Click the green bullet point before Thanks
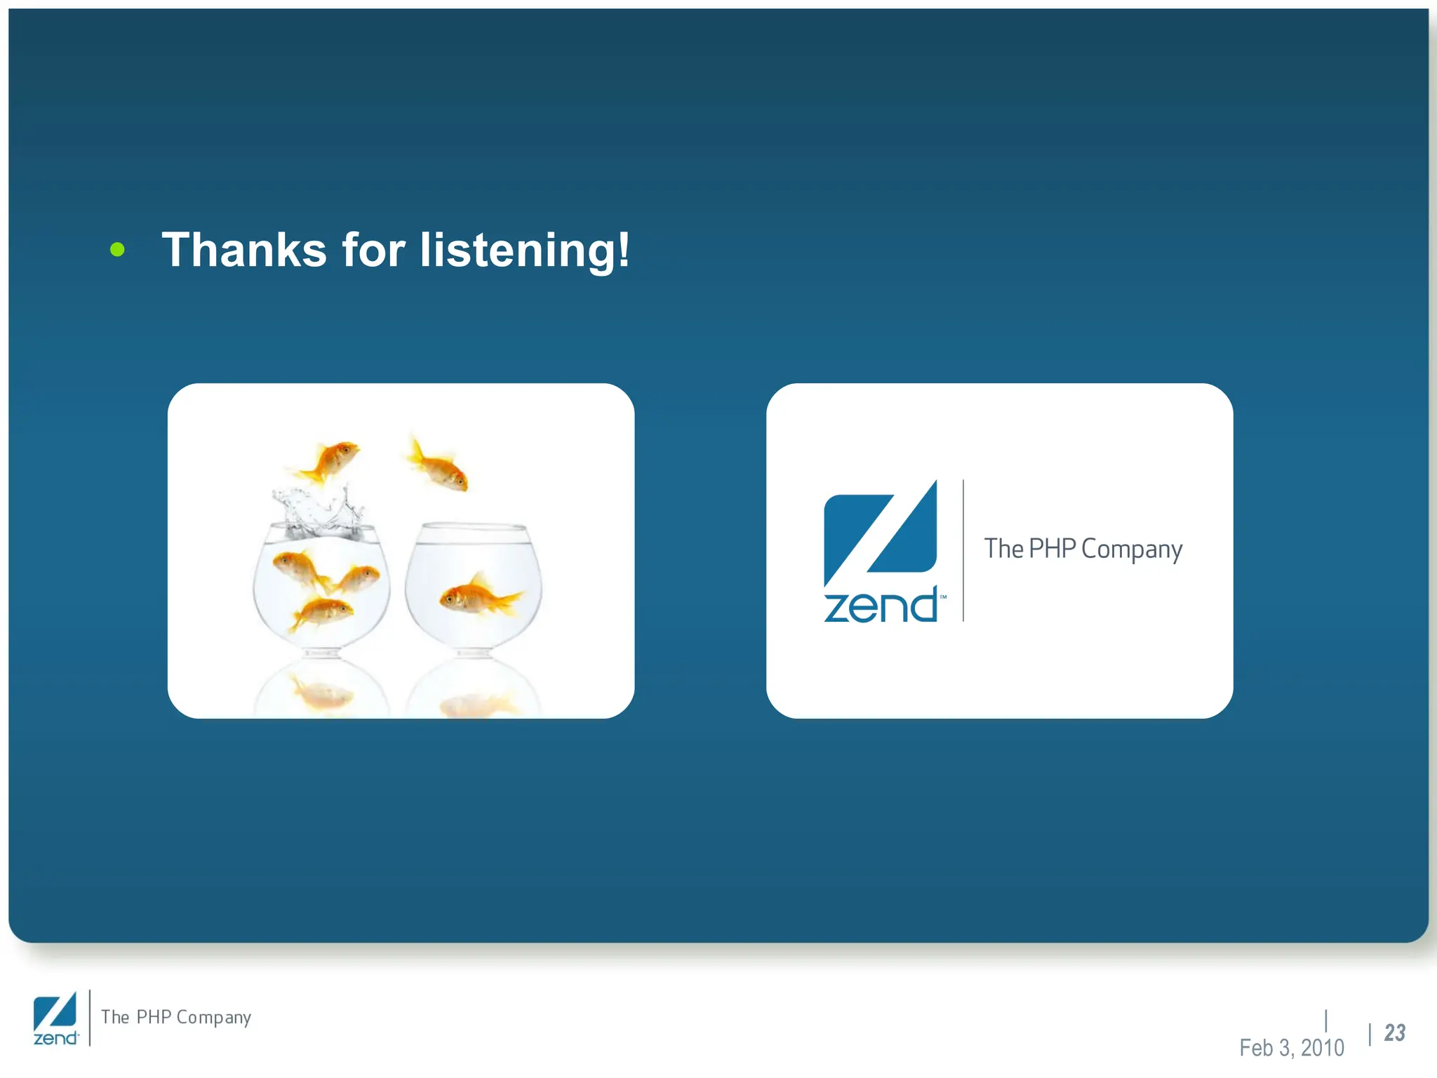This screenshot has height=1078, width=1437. (x=117, y=249)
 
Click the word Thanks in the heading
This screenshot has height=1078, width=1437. (x=244, y=250)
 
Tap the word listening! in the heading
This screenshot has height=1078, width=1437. (x=524, y=251)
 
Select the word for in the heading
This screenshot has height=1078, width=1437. (x=373, y=250)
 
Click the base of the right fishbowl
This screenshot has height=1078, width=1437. (x=474, y=653)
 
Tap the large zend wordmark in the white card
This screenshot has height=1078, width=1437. (x=880, y=606)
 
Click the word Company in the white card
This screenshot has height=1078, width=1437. (x=1131, y=550)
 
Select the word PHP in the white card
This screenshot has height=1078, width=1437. (x=1052, y=548)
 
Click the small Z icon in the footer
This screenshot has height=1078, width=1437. (x=55, y=1011)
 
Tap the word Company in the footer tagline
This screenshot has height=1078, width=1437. (x=213, y=1018)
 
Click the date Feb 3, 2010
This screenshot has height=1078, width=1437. (x=1291, y=1048)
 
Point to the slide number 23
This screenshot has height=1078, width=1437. (x=1394, y=1033)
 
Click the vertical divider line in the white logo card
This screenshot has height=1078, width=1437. (x=963, y=551)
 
